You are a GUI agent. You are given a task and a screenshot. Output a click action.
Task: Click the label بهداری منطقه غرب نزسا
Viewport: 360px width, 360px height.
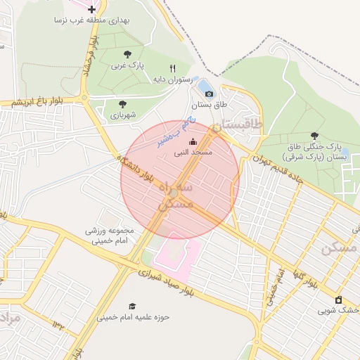pyautogui.click(x=93, y=20)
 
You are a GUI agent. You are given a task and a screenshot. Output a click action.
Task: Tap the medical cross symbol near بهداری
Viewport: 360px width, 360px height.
pyautogui.click(x=92, y=9)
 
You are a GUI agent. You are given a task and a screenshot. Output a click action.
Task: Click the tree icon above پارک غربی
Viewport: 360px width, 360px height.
pyautogui.click(x=127, y=53)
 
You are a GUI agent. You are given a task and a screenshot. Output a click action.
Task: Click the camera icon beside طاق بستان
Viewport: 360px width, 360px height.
pyautogui.click(x=209, y=94)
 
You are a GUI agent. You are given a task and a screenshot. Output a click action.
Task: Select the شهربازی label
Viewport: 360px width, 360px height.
pyautogui.click(x=123, y=115)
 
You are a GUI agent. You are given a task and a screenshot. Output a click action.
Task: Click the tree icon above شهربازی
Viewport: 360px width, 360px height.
pyautogui.click(x=123, y=104)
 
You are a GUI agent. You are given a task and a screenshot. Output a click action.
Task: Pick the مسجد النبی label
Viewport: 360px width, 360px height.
pyautogui.click(x=193, y=152)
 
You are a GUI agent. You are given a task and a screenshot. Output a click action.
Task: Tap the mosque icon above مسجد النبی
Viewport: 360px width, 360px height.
pyautogui.click(x=193, y=141)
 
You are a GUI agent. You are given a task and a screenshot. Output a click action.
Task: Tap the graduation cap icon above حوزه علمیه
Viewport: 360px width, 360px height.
pyautogui.click(x=132, y=306)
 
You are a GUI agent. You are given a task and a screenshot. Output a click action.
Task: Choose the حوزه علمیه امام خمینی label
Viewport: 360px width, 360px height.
pyautogui.click(x=134, y=317)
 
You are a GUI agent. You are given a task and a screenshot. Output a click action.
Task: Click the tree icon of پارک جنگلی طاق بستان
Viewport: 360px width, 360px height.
pyautogui.click(x=314, y=136)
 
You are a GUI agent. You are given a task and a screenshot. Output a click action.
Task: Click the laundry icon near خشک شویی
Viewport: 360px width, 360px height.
pyautogui.click(x=338, y=299)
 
